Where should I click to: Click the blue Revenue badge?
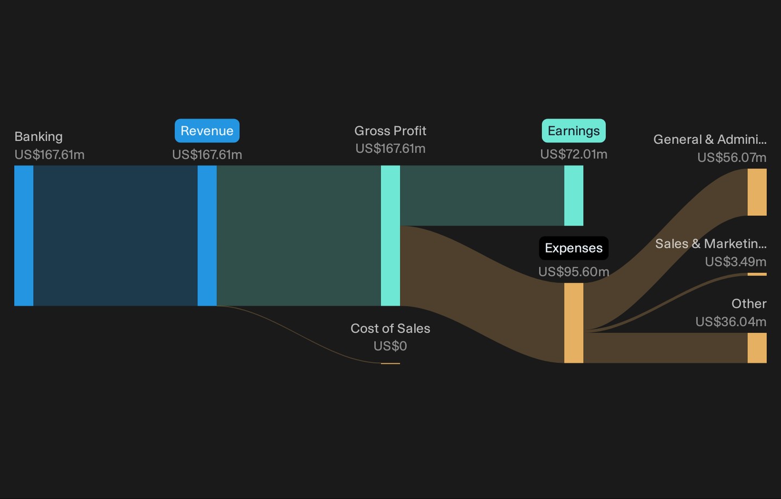[x=207, y=131]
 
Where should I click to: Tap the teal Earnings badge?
[x=574, y=131]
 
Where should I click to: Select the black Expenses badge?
[x=574, y=248]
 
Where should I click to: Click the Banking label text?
[x=39, y=137]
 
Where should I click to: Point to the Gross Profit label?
[x=390, y=131]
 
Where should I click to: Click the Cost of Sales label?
[x=390, y=328]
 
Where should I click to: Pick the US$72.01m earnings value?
[x=574, y=154]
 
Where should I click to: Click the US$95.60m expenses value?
[x=574, y=272]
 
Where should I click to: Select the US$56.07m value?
[x=732, y=158]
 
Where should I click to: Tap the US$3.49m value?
[x=735, y=261]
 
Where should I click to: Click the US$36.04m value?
[x=731, y=322]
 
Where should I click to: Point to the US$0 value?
[x=390, y=346]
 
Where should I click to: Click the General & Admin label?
[x=710, y=139]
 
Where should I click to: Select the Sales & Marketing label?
[x=710, y=244]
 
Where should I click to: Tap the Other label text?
[x=749, y=304]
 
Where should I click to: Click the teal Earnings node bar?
[x=574, y=196]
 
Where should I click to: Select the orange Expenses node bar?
[x=574, y=323]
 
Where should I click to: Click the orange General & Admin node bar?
[x=757, y=192]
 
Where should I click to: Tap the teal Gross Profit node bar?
[x=390, y=236]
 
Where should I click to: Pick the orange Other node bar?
[x=757, y=348]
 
